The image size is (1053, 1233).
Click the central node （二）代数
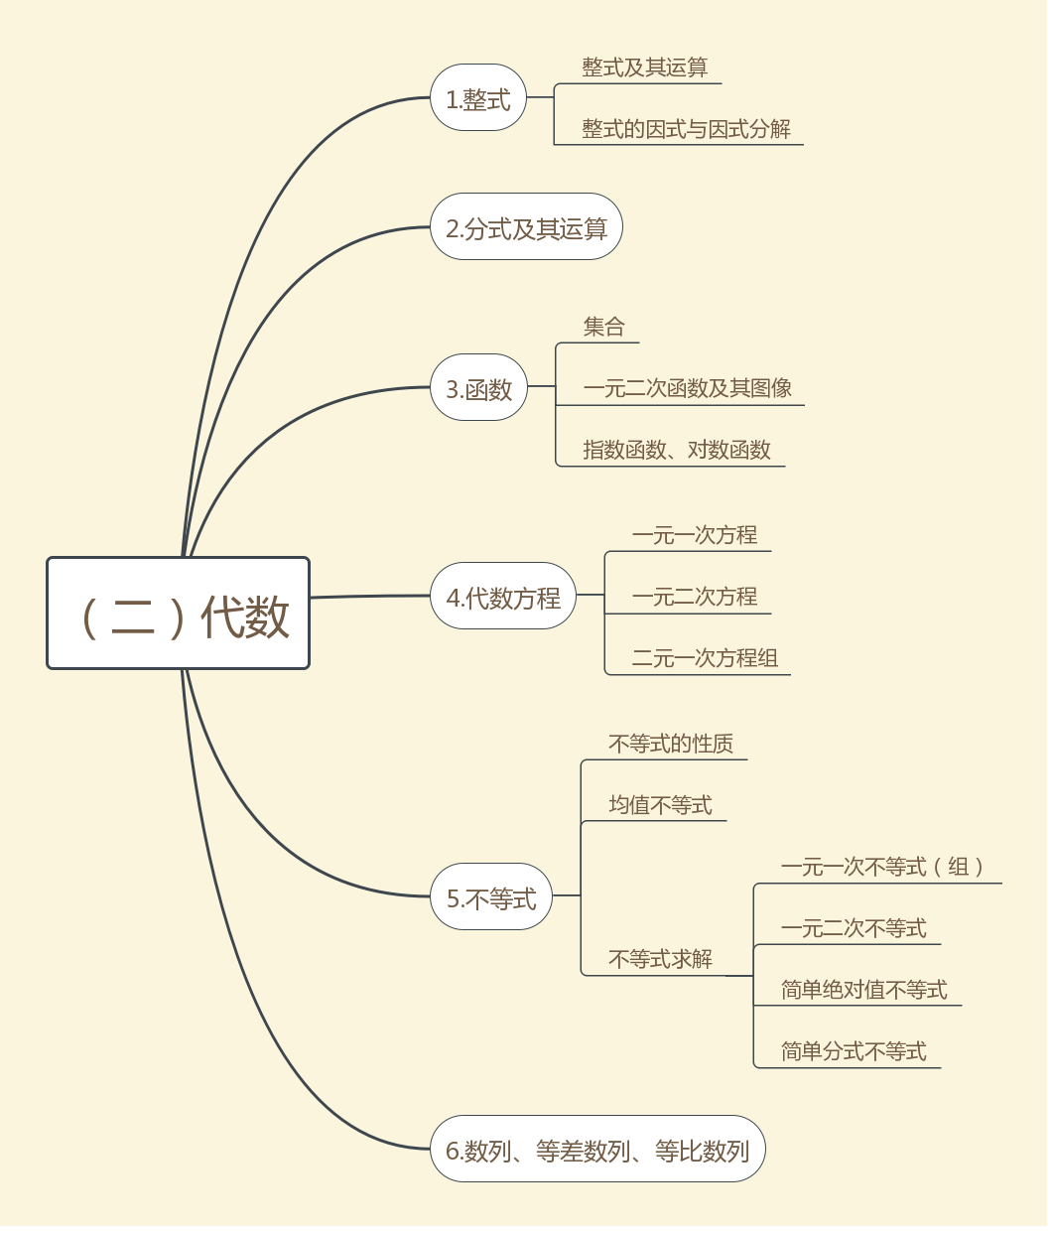coord(179,614)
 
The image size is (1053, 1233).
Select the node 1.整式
coord(477,98)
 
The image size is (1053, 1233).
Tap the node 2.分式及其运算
coord(526,227)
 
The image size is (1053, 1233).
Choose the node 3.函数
coord(478,388)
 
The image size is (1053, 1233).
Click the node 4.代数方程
coord(503,597)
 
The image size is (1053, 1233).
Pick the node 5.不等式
coord(491,898)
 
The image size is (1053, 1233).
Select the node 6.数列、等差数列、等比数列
coord(597,1150)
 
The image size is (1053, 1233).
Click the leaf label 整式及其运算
coord(644,68)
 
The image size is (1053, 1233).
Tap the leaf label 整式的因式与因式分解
coord(686,129)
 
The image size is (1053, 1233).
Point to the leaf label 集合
coord(603,327)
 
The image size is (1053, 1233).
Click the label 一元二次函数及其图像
coord(687,388)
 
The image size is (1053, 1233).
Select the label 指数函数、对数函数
coord(677,450)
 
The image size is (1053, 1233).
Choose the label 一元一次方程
coord(694,535)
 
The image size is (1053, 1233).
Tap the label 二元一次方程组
coord(705,658)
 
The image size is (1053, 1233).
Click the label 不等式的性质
coord(671,744)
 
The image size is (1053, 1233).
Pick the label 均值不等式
coord(660,805)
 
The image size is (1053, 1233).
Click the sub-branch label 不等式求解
coord(660,959)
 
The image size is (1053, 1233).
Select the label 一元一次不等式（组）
coord(882,867)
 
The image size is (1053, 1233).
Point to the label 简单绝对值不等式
coord(863,990)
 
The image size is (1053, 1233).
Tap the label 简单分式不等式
coord(853,1051)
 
